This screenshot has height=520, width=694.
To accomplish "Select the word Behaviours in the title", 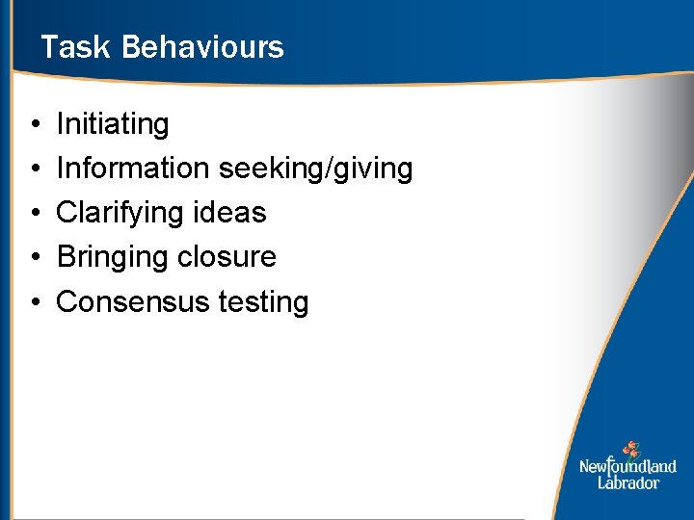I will point(203,47).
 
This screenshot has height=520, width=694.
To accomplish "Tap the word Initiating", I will point(113,124).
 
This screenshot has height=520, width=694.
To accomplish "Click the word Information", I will point(133,169).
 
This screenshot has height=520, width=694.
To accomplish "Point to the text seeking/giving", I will point(316,169).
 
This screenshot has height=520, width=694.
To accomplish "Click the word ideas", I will point(233,213).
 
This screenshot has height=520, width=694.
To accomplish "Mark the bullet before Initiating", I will point(34,125).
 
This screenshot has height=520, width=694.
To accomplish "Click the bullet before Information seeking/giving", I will point(34,169).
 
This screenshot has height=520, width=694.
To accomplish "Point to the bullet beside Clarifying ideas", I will point(34,214).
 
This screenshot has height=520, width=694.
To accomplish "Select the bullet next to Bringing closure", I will point(34,258).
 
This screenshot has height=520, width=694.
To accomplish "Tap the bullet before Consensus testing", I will point(34,302).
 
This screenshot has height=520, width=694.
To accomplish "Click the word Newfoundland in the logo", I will point(627,467).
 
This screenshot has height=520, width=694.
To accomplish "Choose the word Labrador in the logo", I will point(627,482).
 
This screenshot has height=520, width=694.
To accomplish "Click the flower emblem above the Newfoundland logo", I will point(631,449).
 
